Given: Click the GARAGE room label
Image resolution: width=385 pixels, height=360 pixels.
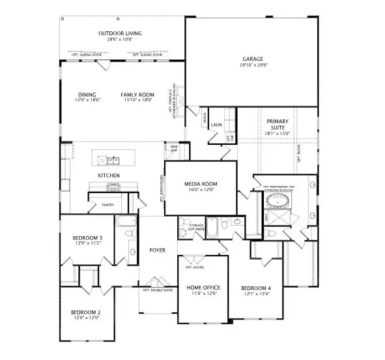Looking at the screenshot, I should [253, 59].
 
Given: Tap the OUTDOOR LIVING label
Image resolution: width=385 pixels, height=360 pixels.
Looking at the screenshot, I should [120, 33].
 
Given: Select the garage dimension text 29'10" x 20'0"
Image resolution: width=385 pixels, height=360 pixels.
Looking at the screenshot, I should [253, 65].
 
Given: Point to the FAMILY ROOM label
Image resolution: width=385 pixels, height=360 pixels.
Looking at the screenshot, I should [137, 95].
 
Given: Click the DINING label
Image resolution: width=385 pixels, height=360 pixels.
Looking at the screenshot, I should [87, 95].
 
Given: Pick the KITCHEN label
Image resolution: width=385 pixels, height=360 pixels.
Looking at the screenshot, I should [108, 175].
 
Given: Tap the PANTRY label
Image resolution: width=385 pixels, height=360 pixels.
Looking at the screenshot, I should [108, 205].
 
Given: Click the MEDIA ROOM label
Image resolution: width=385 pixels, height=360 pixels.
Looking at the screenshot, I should [201, 184].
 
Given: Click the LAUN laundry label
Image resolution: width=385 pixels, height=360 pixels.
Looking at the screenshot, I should [217, 125].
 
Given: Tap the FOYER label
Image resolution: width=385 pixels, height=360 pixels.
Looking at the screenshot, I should [157, 250].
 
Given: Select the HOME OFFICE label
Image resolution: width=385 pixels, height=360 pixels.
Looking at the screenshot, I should [203, 288].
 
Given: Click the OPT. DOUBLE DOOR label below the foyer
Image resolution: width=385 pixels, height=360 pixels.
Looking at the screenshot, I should [158, 290].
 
